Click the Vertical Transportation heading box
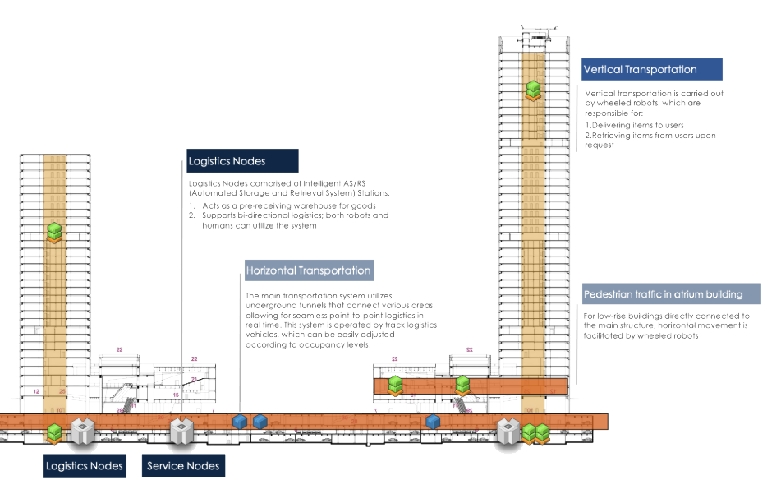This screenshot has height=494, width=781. pyautogui.click(x=651, y=69)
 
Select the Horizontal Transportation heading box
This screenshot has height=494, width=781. pyautogui.click(x=308, y=270)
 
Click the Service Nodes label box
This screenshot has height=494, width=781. pyautogui.click(x=183, y=466)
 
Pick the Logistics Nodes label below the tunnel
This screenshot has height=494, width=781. pyautogui.click(x=85, y=466)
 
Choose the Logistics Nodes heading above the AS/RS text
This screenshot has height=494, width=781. pyautogui.click(x=242, y=161)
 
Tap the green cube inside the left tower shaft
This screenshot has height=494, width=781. pyautogui.click(x=55, y=233)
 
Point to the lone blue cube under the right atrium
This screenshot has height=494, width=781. pyautogui.click(x=433, y=422)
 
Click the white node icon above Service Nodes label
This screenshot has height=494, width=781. pyautogui.click(x=181, y=428)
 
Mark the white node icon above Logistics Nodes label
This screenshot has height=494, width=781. pyautogui.click(x=82, y=429)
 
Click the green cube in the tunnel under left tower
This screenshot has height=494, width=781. pyautogui.click(x=55, y=432)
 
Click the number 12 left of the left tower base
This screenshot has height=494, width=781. pyautogui.click(x=36, y=392)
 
